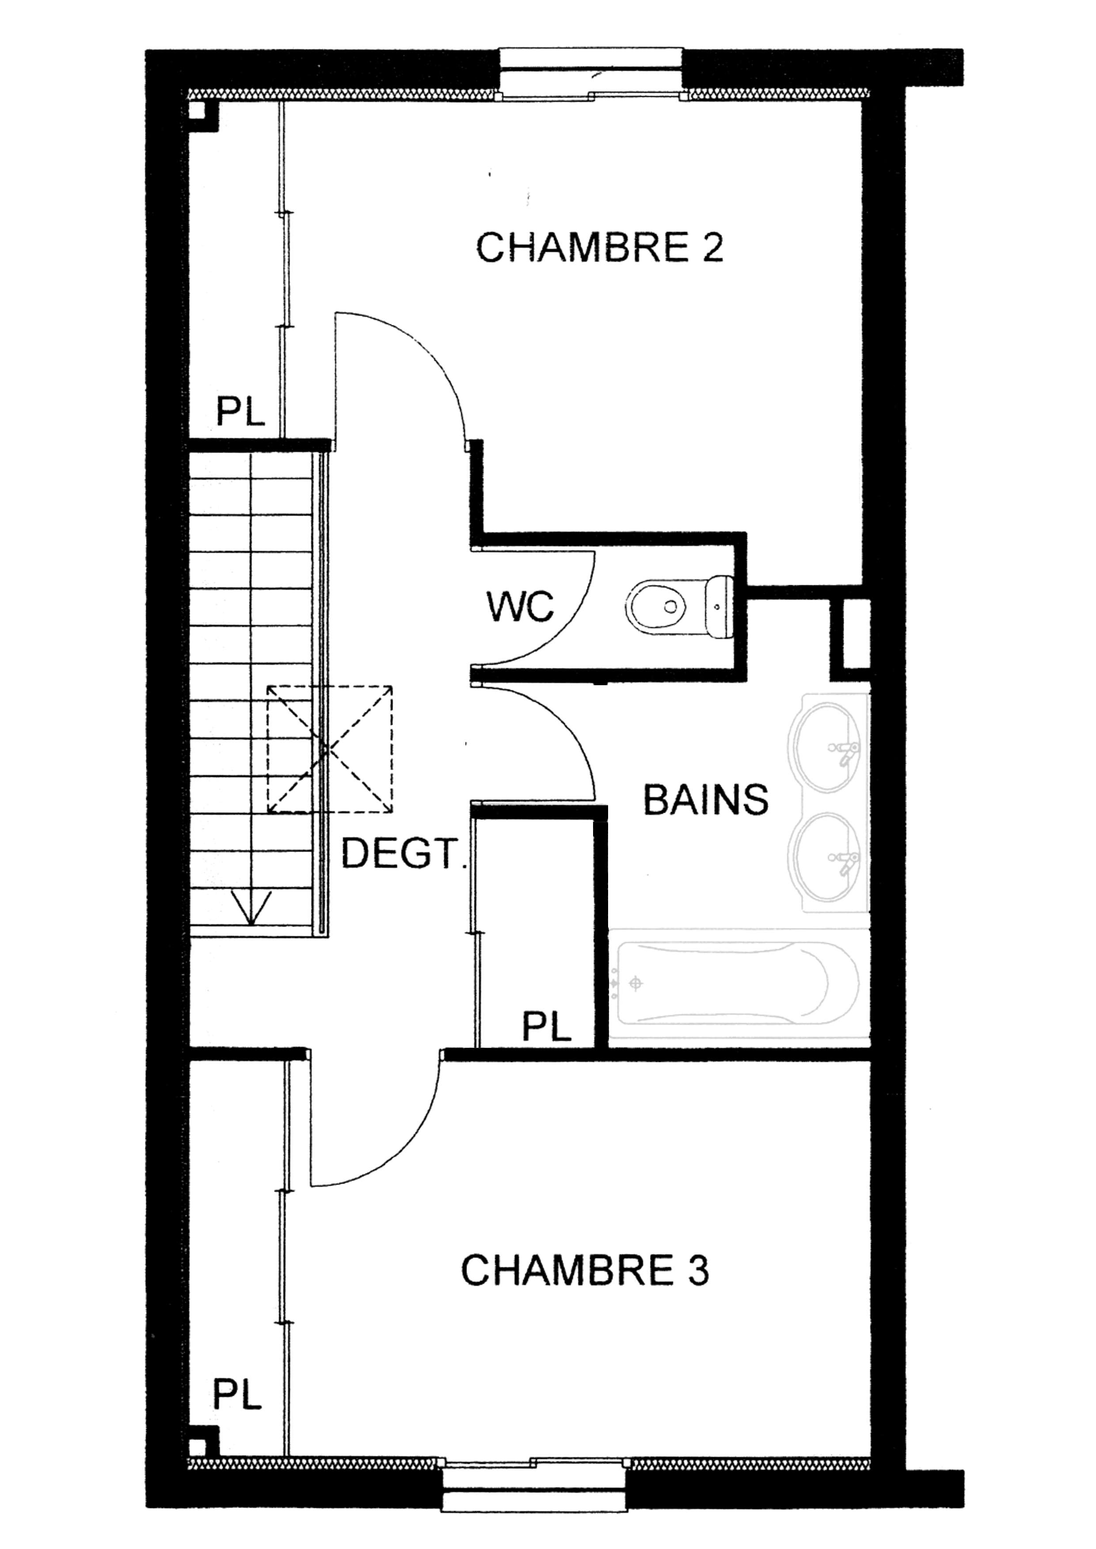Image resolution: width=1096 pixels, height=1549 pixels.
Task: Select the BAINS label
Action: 705,800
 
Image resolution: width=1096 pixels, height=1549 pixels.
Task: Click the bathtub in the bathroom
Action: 738,985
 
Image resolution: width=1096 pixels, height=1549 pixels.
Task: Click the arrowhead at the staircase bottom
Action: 251,908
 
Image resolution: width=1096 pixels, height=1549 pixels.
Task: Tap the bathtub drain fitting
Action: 634,984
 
